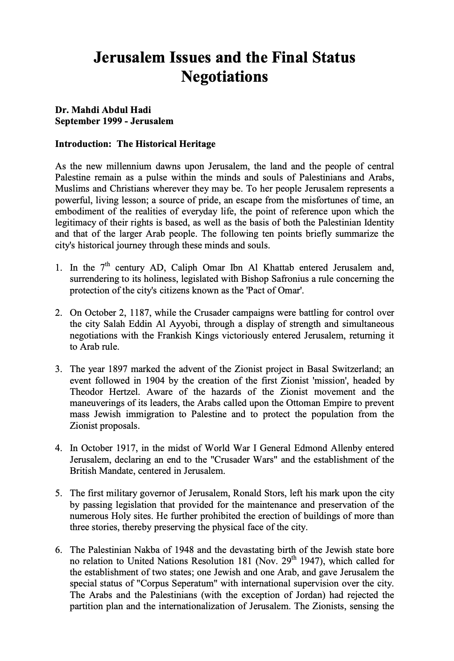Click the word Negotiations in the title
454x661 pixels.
224,77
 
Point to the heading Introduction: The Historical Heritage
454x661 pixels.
135,144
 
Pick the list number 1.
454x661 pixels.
58,268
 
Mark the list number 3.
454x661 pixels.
58,369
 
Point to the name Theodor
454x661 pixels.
88,392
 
